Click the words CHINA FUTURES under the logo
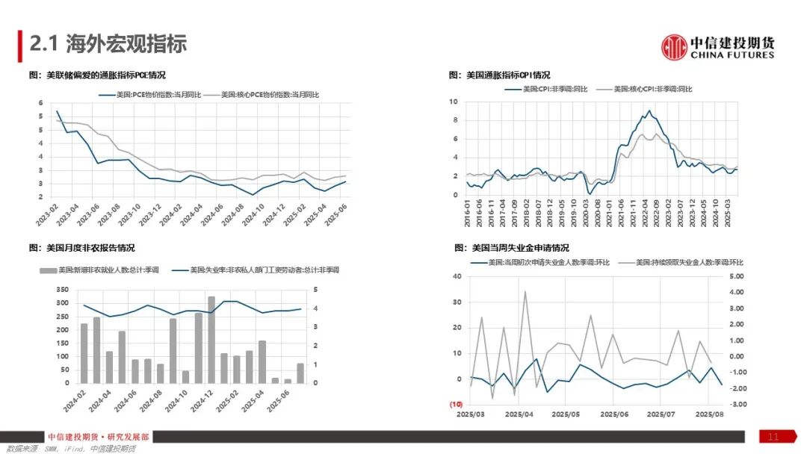[732, 55]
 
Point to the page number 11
[773, 437]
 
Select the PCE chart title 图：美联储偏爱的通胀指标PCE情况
[96, 75]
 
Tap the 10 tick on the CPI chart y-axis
[453, 101]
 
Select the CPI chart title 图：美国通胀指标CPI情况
[499, 75]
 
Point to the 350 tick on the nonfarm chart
[61, 289]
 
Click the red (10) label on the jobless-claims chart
[455, 404]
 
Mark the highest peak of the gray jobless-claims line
[525, 292]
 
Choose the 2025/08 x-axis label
[709, 414]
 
